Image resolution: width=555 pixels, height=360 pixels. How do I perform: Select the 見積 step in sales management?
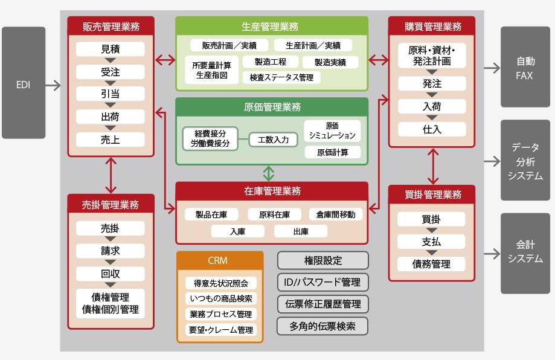tap(111, 50)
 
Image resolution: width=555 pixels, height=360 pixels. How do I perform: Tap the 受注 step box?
tap(111, 72)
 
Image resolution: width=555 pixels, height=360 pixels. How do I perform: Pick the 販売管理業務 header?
tap(111, 26)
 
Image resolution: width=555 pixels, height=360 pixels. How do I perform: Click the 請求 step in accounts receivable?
tap(111, 251)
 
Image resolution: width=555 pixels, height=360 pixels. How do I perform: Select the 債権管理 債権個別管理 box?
tap(111, 303)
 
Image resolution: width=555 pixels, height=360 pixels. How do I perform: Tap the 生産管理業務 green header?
tap(271, 27)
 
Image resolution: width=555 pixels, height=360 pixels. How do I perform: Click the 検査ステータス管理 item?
tap(281, 77)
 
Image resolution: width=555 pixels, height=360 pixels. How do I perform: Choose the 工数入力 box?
tap(274, 140)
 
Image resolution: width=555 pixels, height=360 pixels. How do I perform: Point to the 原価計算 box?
tap(332, 152)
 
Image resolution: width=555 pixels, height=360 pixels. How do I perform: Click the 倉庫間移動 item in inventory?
tap(336, 214)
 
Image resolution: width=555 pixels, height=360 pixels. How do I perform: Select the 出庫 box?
tap(300, 231)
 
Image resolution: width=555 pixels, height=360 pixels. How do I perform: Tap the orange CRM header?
tap(220, 261)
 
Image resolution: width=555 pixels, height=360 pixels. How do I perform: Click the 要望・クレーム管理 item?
tap(220, 330)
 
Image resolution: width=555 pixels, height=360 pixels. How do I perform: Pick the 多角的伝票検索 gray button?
tap(322, 326)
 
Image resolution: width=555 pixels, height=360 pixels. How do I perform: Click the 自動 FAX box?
tap(525, 68)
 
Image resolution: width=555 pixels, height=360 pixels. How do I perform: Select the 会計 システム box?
tap(525, 252)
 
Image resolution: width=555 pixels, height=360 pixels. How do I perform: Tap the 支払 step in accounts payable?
tap(431, 242)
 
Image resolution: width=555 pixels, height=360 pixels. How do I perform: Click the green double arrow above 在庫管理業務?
tap(269, 173)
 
